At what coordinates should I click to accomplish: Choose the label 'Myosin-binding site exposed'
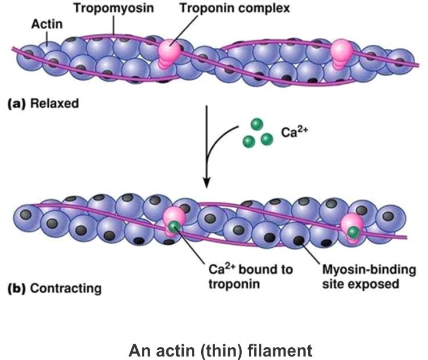tap(355, 276)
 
